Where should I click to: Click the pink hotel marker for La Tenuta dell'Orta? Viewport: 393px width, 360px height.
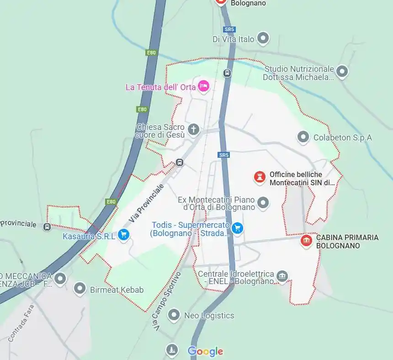click(203, 86)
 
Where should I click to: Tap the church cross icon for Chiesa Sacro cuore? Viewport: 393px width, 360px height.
click(194, 129)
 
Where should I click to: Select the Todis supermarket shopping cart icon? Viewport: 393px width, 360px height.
click(237, 228)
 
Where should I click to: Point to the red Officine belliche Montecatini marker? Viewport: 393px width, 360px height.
click(260, 177)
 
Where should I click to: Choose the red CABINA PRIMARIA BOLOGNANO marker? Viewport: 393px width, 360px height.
click(306, 241)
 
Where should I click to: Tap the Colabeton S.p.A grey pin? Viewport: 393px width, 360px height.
click(303, 137)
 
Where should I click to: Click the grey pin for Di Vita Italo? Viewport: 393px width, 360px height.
click(263, 38)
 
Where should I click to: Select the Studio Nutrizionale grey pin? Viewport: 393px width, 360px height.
click(342, 71)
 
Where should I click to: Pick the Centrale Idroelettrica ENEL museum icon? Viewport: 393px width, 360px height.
click(282, 275)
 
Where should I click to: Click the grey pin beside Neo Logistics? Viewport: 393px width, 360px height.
click(173, 315)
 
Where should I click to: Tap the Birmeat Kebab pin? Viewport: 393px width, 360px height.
click(80, 289)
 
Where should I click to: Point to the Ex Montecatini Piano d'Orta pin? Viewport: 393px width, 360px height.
click(263, 202)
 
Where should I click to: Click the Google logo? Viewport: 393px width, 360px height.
click(205, 351)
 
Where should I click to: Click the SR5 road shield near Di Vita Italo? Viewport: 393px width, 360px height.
click(229, 29)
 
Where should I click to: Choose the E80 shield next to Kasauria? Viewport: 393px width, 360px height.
click(111, 201)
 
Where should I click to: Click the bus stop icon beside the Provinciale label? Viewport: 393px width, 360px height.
click(47, 227)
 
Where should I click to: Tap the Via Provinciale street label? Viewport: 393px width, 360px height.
click(146, 204)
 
